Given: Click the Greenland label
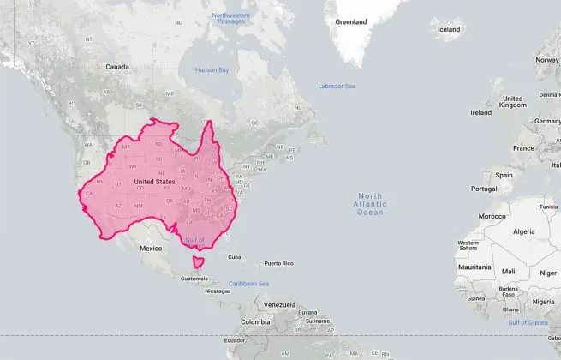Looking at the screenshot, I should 350,21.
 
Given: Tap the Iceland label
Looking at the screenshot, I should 449,29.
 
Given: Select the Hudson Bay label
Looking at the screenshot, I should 212,69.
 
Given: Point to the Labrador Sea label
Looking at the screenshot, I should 337,87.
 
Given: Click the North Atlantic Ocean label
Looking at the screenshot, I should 372,203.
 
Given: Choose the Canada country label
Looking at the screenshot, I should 116,66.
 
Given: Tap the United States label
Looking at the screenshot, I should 154,182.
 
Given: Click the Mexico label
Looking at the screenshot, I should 151,248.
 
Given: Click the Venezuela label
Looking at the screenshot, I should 279,304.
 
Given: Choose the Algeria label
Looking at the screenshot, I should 522,231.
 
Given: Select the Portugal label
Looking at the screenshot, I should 484,189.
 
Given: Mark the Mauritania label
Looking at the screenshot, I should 474,267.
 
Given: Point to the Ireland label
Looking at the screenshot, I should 480,112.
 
